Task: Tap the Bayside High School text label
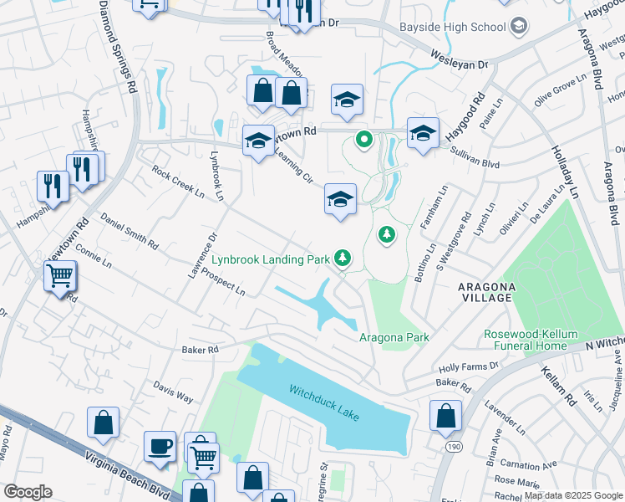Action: tap(453, 27)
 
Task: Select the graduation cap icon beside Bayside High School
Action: tap(518, 27)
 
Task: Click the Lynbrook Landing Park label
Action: tap(270, 259)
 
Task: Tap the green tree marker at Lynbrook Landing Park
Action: tap(343, 259)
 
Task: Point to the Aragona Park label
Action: tap(394, 337)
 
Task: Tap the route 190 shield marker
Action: tap(454, 449)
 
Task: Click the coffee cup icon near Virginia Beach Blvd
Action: tap(160, 445)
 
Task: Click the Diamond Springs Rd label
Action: tap(117, 46)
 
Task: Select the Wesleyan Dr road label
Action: tap(459, 59)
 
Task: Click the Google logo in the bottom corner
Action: tap(27, 492)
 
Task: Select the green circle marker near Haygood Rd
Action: tap(363, 140)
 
